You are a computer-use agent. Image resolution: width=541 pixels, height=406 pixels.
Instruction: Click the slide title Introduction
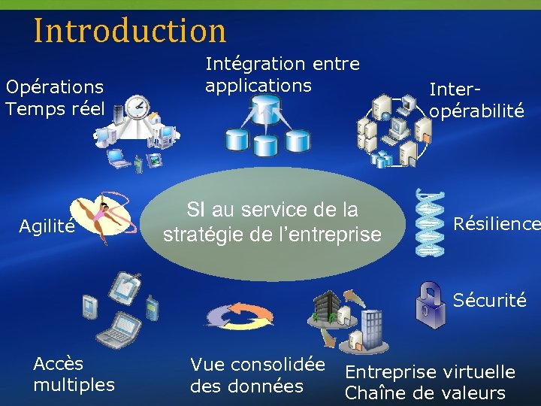[129, 31]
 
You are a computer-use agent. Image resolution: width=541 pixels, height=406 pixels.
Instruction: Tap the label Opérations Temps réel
[54, 98]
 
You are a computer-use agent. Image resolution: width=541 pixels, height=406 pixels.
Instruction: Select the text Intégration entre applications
[282, 75]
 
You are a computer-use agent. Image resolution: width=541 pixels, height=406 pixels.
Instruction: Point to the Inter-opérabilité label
[476, 100]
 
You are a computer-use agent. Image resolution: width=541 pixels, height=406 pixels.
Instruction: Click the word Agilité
[47, 225]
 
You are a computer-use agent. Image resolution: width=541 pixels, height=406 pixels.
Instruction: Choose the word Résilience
[496, 224]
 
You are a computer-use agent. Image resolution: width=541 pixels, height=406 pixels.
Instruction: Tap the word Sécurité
[489, 301]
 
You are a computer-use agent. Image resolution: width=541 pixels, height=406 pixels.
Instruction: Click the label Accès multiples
[74, 374]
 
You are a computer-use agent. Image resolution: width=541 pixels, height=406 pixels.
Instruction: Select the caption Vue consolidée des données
[257, 376]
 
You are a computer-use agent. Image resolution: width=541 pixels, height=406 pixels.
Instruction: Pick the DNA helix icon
[428, 223]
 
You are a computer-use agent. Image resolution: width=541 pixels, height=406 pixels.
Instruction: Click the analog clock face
[138, 108]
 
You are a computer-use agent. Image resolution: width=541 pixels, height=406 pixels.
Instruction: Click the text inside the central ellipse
[272, 223]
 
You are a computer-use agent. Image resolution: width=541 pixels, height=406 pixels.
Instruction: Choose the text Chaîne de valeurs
[425, 393]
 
